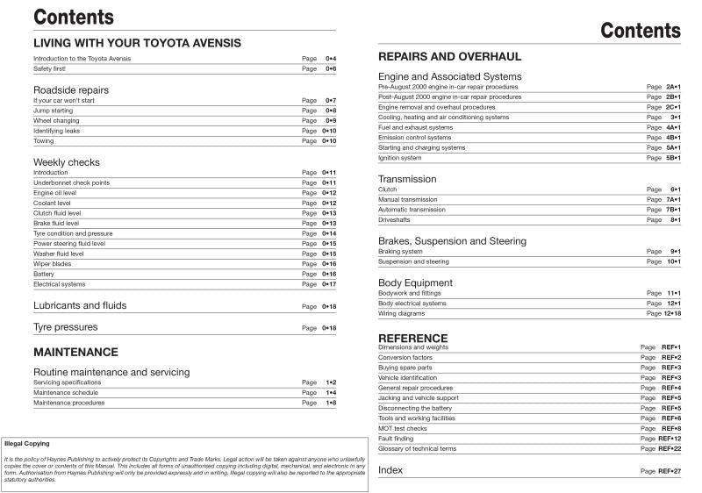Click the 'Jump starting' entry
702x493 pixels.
pos(53,111)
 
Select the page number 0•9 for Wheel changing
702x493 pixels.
pos(330,121)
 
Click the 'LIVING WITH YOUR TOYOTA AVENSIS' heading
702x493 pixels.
pos(137,42)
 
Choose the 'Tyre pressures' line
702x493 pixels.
pos(65,327)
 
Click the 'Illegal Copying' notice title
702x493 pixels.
pos(27,444)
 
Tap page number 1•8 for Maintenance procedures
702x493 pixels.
pos(330,403)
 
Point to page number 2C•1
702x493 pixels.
pos(673,107)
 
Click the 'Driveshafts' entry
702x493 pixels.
pos(396,220)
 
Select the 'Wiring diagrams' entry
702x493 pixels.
pos(401,313)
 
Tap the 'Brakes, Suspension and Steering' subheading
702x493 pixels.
pos(452,240)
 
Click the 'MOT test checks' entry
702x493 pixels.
pos(404,428)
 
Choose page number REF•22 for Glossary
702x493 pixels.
pos(670,448)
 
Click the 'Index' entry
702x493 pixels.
pos(390,471)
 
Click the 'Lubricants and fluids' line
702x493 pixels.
pos(79,305)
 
